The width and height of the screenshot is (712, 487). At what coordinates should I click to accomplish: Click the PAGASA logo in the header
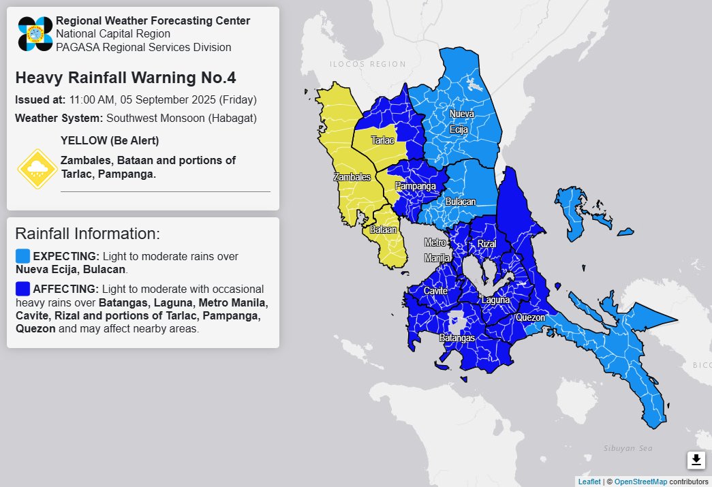[35, 34]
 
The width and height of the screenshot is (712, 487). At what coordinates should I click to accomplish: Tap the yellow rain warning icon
[36, 169]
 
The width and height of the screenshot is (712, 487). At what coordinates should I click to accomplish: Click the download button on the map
[696, 460]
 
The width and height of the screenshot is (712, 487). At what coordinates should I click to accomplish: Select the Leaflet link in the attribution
[589, 482]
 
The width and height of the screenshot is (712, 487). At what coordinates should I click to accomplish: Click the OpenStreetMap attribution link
[640, 482]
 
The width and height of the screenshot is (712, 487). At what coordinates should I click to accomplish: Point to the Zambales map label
[352, 177]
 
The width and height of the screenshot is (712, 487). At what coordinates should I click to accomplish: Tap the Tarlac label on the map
[382, 140]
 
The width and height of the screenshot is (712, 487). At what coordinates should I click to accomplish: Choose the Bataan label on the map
[384, 230]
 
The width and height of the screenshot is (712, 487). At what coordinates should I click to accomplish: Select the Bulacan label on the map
[461, 202]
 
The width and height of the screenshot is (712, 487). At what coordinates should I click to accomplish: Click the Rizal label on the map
[486, 243]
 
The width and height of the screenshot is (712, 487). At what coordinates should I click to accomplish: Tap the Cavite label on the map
[435, 291]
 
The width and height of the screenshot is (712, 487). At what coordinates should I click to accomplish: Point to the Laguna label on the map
[495, 300]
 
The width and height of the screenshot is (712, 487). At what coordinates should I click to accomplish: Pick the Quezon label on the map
[530, 317]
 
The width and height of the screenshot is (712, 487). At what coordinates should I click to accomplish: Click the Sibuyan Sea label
[628, 448]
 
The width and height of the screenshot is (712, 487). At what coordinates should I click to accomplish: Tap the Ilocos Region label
[367, 64]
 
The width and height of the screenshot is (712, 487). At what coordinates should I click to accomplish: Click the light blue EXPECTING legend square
[22, 256]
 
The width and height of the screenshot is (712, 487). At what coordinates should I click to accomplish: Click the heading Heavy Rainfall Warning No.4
[125, 78]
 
